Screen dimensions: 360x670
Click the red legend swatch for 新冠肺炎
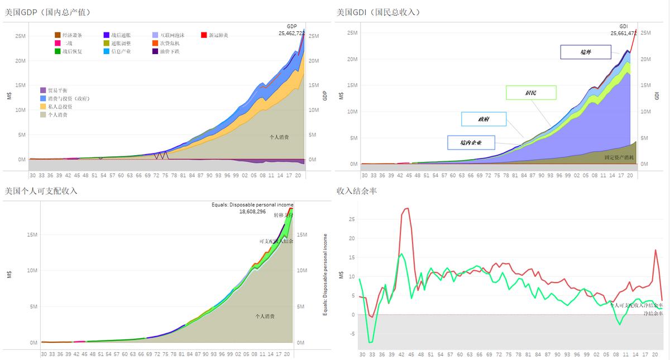[x=204, y=35]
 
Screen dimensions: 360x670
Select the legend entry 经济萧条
[x=73, y=35]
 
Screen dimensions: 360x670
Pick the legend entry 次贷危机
[x=170, y=43]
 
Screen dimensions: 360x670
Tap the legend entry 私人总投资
[x=59, y=106]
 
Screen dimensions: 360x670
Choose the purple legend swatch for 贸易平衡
[x=43, y=90]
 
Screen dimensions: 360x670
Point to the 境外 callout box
[x=585, y=52]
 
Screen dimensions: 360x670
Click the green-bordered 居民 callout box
[x=530, y=93]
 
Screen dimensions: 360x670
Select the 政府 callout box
[x=484, y=119]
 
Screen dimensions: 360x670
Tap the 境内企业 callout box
[x=471, y=142]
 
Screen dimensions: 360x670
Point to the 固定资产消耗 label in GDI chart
[x=619, y=157]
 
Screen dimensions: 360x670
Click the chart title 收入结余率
[x=357, y=191]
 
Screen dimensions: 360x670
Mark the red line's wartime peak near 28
[x=406, y=208]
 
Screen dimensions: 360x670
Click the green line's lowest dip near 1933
[x=369, y=342]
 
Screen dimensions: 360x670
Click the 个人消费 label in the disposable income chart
[x=265, y=316]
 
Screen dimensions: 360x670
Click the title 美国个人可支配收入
[x=40, y=191]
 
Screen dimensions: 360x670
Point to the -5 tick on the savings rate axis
[x=351, y=334]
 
